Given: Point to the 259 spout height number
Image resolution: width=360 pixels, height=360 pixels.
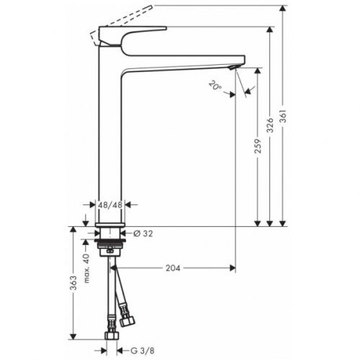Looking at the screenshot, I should [x=258, y=147].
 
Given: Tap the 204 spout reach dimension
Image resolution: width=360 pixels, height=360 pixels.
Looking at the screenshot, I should [x=174, y=268].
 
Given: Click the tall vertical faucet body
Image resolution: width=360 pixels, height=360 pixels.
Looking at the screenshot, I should [x=111, y=144].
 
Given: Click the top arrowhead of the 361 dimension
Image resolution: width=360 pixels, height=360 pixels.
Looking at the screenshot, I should [x=286, y=7].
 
